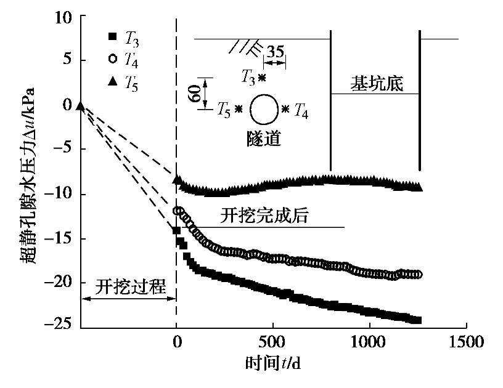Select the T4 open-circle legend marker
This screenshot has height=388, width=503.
(x=112, y=59)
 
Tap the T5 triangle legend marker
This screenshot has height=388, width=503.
(x=112, y=81)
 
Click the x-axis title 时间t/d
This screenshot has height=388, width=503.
(x=273, y=363)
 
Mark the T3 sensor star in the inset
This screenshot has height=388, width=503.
(x=262, y=78)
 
